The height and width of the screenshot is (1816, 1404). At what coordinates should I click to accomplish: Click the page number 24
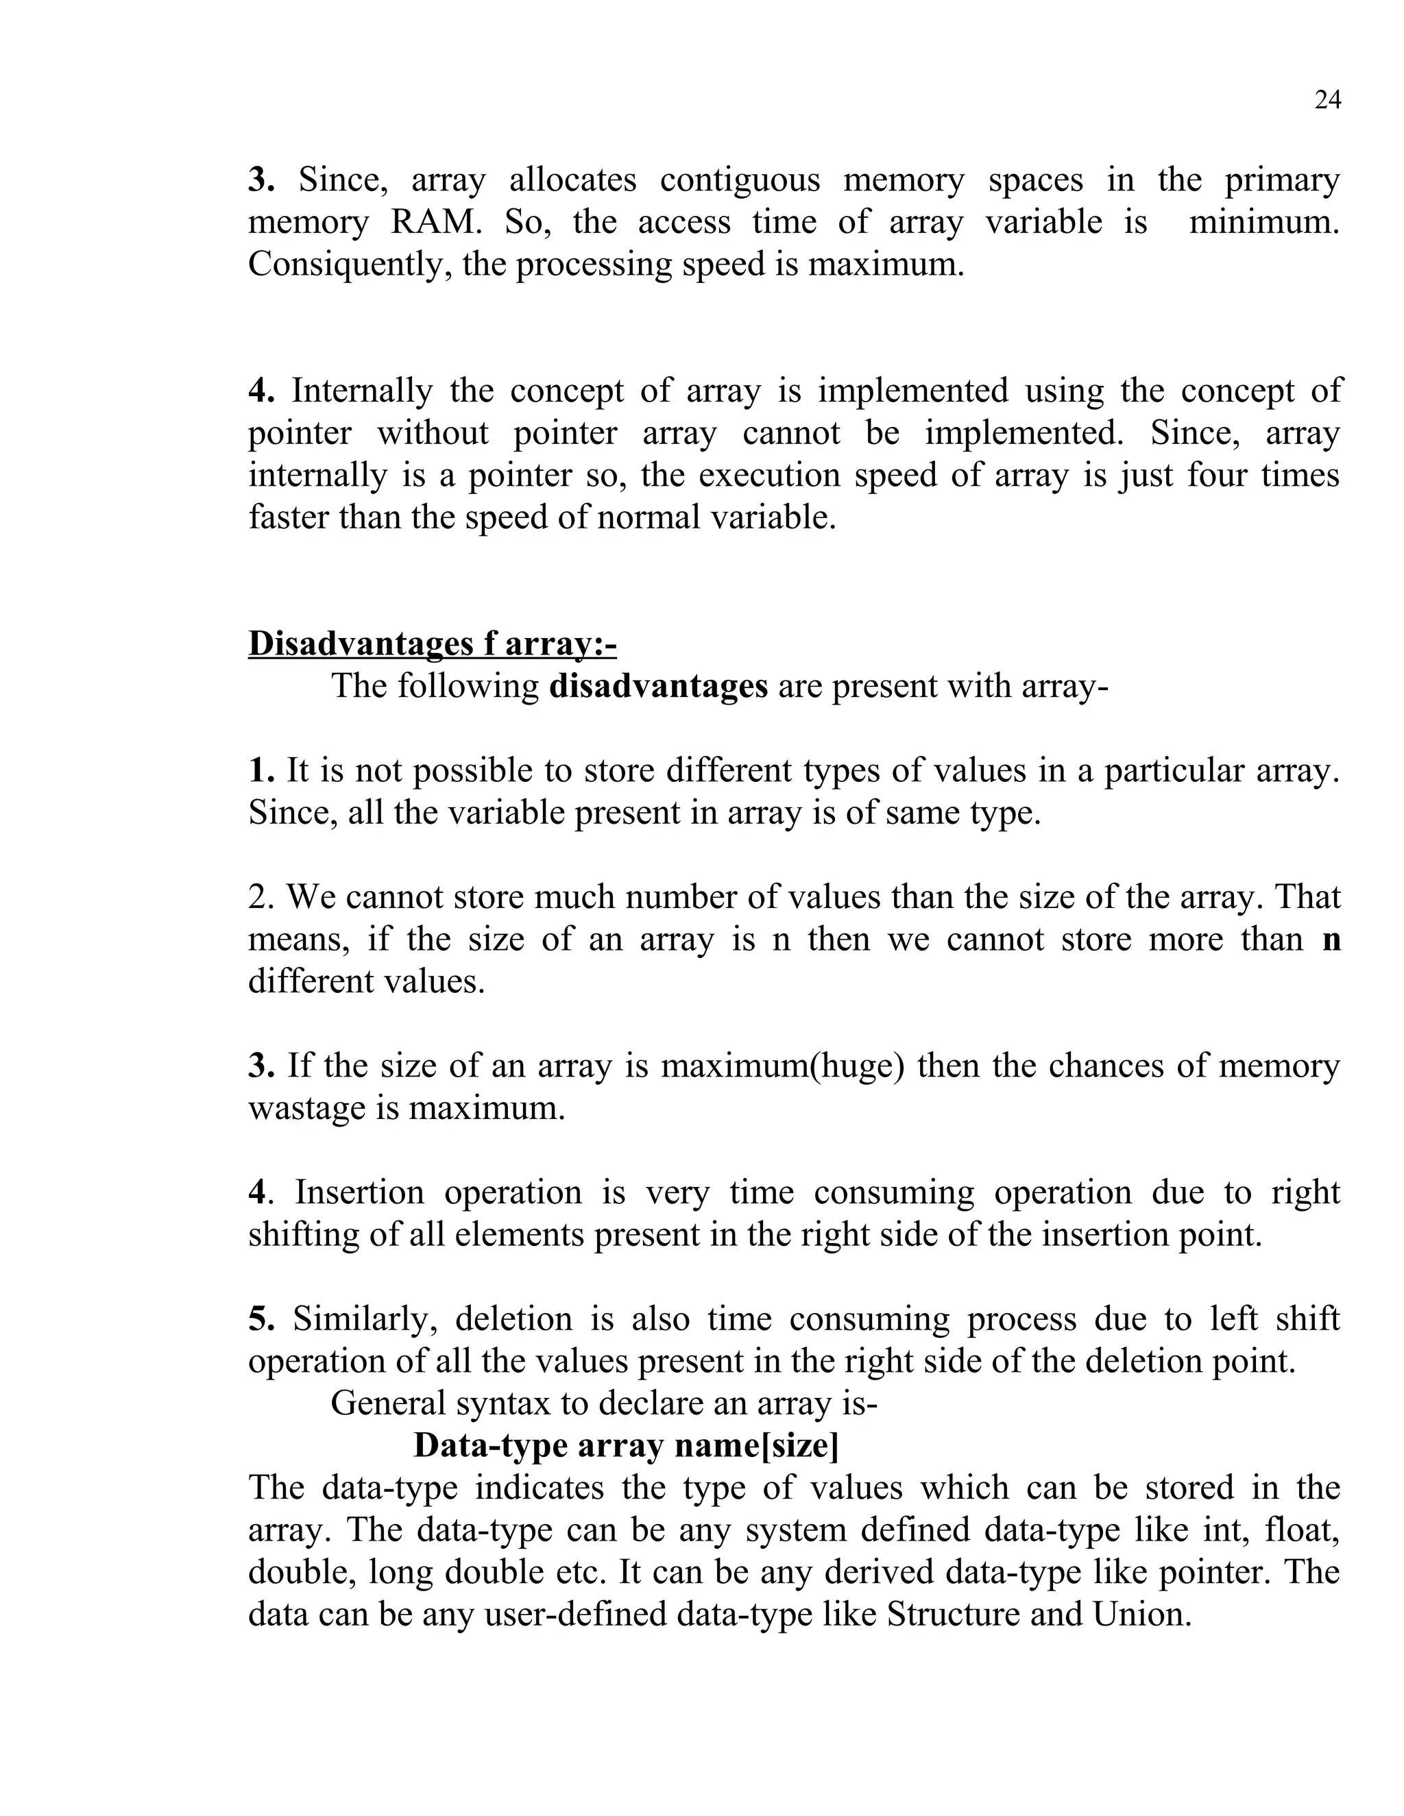(1327, 100)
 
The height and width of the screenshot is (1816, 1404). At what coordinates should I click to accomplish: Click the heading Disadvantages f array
(432, 643)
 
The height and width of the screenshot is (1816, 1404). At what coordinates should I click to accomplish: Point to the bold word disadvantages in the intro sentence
(658, 686)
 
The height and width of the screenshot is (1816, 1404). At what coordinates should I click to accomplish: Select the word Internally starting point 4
(362, 391)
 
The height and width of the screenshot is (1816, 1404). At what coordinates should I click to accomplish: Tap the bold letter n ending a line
(1330, 939)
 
